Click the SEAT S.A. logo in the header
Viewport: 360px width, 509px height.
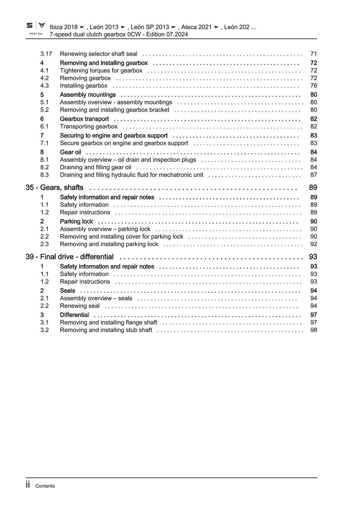coord(36,28)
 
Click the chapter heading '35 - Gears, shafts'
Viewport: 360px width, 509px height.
coord(54,188)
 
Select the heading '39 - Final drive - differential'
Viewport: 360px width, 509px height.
coord(70,257)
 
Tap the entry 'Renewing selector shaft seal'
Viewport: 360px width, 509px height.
coord(98,54)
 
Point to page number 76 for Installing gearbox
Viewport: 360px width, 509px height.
coord(314,86)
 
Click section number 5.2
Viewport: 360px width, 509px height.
coord(44,110)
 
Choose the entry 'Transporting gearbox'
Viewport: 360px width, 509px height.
coord(89,126)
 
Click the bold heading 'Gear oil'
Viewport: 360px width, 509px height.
coord(71,152)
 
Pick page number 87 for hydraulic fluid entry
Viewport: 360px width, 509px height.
coord(314,175)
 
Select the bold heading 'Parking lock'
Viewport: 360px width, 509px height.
coord(76,222)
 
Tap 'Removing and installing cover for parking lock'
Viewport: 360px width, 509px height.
coord(121,237)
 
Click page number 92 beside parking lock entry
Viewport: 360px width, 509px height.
coord(314,244)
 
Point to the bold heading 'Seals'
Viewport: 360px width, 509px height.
coord(67,291)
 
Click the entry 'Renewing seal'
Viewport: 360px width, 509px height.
coord(80,306)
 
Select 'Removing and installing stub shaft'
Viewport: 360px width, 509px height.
coord(106,330)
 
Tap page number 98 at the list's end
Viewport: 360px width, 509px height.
coord(314,330)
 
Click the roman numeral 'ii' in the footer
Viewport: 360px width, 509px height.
coord(28,485)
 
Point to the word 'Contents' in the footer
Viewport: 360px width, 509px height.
coord(45,486)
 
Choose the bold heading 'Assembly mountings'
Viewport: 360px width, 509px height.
coord(88,95)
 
